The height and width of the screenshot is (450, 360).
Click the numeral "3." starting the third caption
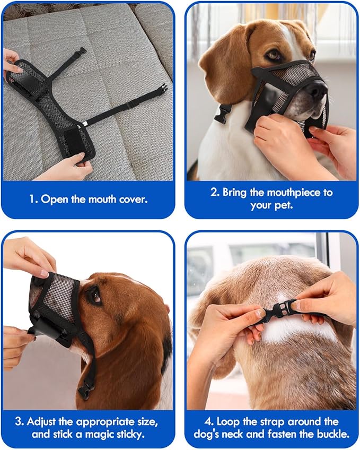(19, 422)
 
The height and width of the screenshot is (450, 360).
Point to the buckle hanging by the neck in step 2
(223, 113)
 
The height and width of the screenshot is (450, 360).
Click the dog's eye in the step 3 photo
(95, 296)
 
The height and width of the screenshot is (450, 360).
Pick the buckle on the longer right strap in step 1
(161, 90)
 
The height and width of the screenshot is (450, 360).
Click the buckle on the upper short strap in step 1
(81, 51)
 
